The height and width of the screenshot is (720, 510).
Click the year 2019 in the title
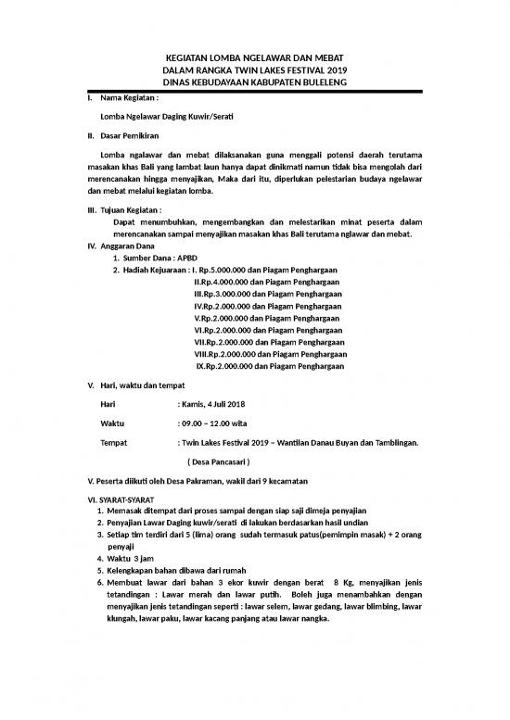333,69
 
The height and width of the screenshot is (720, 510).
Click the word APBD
182,258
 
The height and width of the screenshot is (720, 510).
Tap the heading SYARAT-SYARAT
129,499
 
